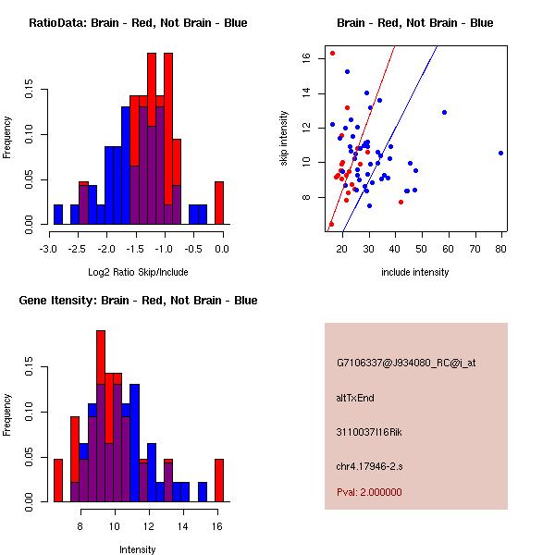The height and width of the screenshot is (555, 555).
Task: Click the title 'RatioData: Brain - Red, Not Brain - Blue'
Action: pyautogui.click(x=138, y=23)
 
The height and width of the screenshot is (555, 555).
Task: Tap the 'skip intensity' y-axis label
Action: pyautogui.click(x=285, y=138)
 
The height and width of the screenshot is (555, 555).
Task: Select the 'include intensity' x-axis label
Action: pyautogui.click(x=415, y=272)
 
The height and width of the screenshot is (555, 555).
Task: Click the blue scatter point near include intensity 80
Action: pyautogui.click(x=500, y=153)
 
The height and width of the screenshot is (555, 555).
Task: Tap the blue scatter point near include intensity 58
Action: pyautogui.click(x=444, y=112)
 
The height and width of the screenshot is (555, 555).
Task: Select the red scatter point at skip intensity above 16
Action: pyautogui.click(x=332, y=53)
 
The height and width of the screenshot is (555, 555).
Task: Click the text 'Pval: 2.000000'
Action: pyautogui.click(x=369, y=492)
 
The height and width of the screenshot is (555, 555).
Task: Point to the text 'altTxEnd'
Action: pyautogui.click(x=354, y=398)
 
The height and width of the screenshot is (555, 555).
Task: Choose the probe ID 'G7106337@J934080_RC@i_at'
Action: pyautogui.click(x=405, y=364)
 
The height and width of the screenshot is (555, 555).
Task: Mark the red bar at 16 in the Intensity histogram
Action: pyautogui.click(x=219, y=480)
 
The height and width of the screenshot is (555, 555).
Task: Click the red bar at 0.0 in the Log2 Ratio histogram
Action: pyautogui.click(x=219, y=203)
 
